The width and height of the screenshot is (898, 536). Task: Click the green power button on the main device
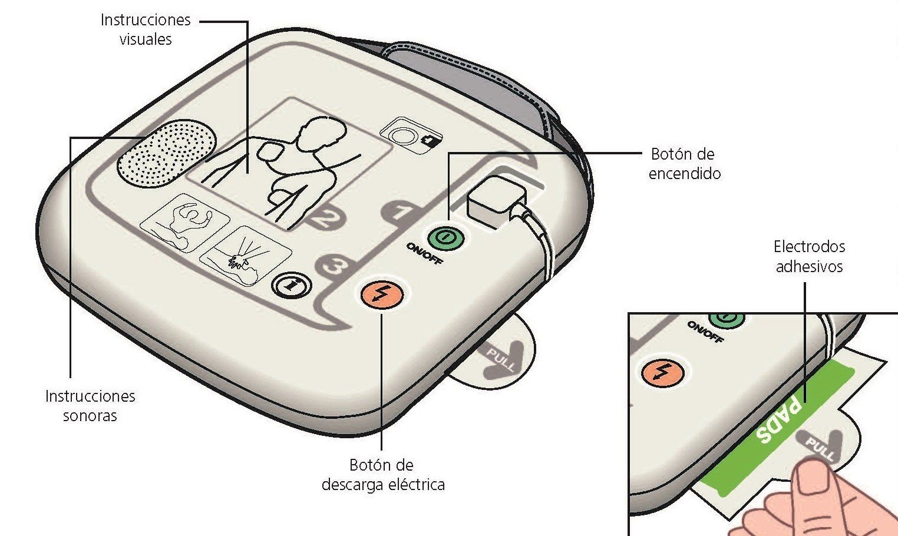[x=445, y=239]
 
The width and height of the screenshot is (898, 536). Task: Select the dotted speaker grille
[x=167, y=151]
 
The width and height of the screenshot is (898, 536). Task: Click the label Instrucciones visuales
[x=146, y=29]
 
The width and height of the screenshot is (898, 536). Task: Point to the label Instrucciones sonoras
[x=90, y=406]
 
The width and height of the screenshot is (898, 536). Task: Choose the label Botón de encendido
[x=684, y=164]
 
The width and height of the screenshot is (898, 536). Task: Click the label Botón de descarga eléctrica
[x=383, y=475]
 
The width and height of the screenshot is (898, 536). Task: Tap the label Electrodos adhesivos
[x=809, y=256]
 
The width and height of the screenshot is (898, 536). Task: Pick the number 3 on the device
[x=334, y=267]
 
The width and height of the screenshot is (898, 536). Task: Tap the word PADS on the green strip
[x=780, y=421]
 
